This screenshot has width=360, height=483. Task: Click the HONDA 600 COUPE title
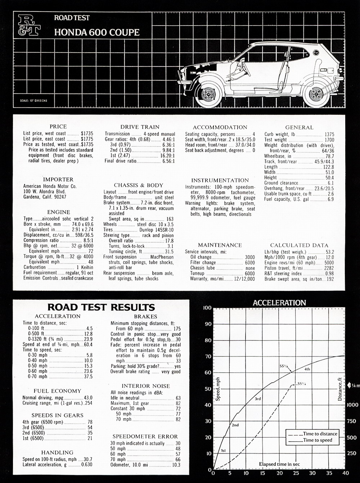[97, 32]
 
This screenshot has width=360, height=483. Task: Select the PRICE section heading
[58, 126]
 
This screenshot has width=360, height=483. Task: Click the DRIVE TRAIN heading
[140, 127]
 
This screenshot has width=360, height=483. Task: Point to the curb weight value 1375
[329, 134]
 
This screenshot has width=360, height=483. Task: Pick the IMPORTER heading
[58, 179]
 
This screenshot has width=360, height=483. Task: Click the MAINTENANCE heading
[220, 245]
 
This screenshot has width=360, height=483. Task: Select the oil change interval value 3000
[249, 257]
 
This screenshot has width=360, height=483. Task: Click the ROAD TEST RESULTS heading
[101, 307]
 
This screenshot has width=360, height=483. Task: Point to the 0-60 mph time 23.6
[88, 371]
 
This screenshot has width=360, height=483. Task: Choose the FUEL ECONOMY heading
[57, 391]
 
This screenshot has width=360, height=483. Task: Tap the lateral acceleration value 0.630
[87, 465]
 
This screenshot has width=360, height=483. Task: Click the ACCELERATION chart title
[279, 303]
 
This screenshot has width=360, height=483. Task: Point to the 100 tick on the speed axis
[207, 308]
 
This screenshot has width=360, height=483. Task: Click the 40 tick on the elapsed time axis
[345, 473]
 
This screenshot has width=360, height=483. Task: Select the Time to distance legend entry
[320, 434]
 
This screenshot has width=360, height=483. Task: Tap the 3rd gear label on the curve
[258, 399]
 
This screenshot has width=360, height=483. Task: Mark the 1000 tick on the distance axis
[352, 405]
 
